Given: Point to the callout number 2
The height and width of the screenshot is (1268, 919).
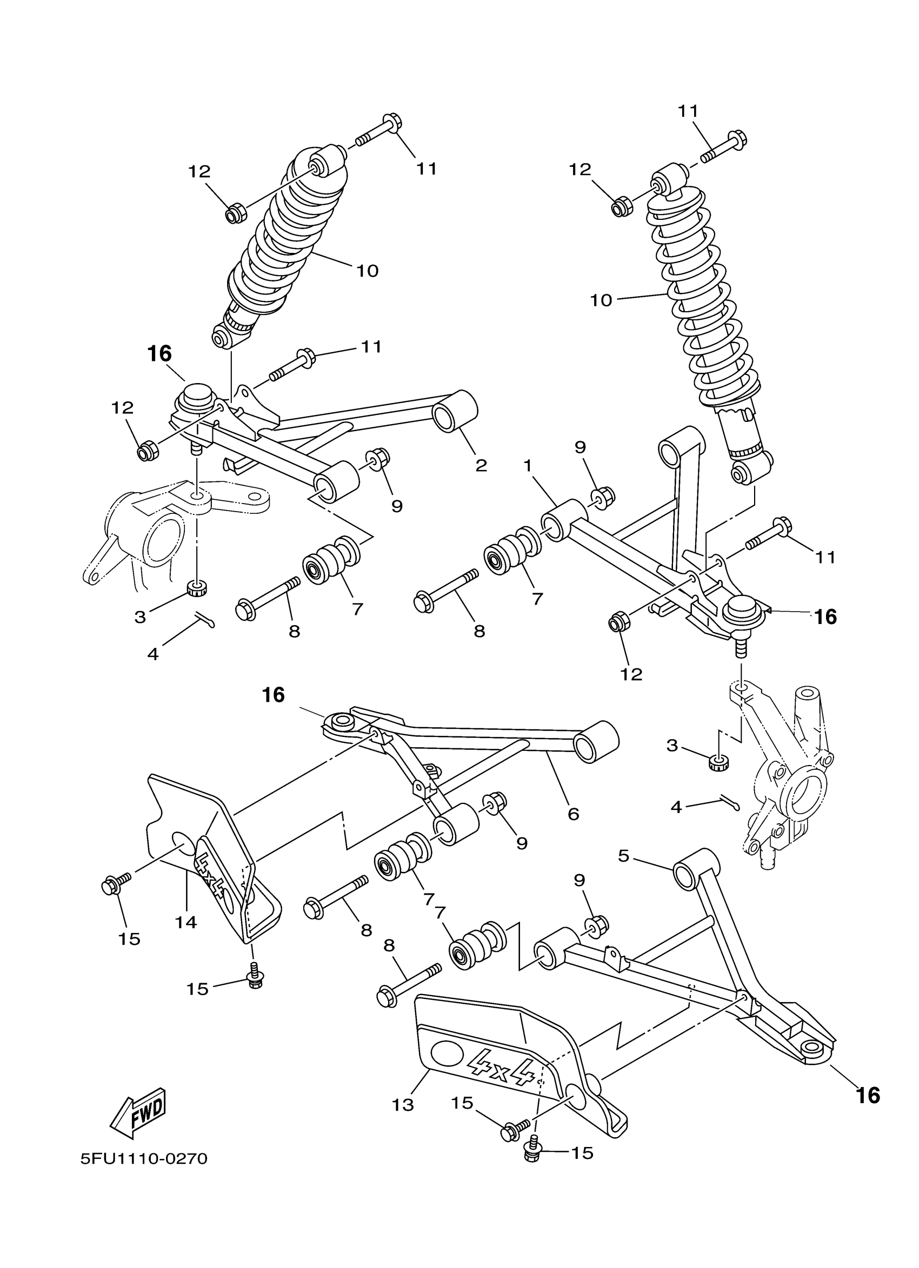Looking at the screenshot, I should click(481, 465).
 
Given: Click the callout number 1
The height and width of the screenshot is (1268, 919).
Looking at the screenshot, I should click(527, 464).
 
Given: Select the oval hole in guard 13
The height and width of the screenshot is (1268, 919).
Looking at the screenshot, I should click(448, 1054).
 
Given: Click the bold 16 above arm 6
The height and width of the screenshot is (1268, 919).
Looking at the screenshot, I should click(274, 695).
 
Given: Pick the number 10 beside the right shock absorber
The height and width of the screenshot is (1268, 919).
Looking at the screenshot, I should click(601, 300).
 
